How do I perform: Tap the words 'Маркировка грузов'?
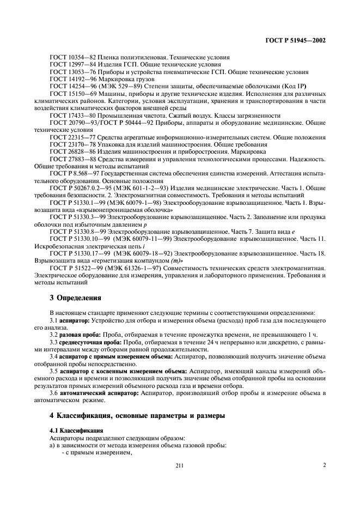(x=120, y=78)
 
